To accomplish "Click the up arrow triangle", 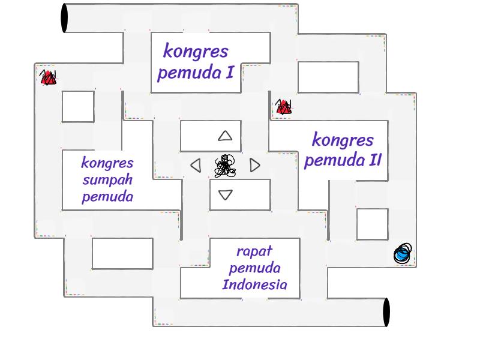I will point(225,136).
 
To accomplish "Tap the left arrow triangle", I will point(196,165).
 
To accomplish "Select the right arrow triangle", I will point(255,165).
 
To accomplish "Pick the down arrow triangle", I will point(225,194).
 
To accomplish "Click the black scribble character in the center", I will point(225,166).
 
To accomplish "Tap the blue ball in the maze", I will point(403,254).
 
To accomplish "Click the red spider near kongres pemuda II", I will point(283,108).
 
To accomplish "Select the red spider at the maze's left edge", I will point(48,77).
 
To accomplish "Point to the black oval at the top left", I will point(64,18).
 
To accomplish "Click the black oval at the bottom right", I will point(386,313).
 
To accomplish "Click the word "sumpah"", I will point(107,180).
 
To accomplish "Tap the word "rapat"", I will point(254,251).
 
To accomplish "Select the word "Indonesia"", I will point(254,284).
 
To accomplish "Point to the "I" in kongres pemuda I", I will point(229,73).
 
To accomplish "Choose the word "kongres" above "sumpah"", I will point(107,163).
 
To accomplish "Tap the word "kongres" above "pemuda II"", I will point(343,140).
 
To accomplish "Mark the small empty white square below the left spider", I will point(78,106).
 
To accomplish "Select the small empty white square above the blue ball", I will point(372,224).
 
